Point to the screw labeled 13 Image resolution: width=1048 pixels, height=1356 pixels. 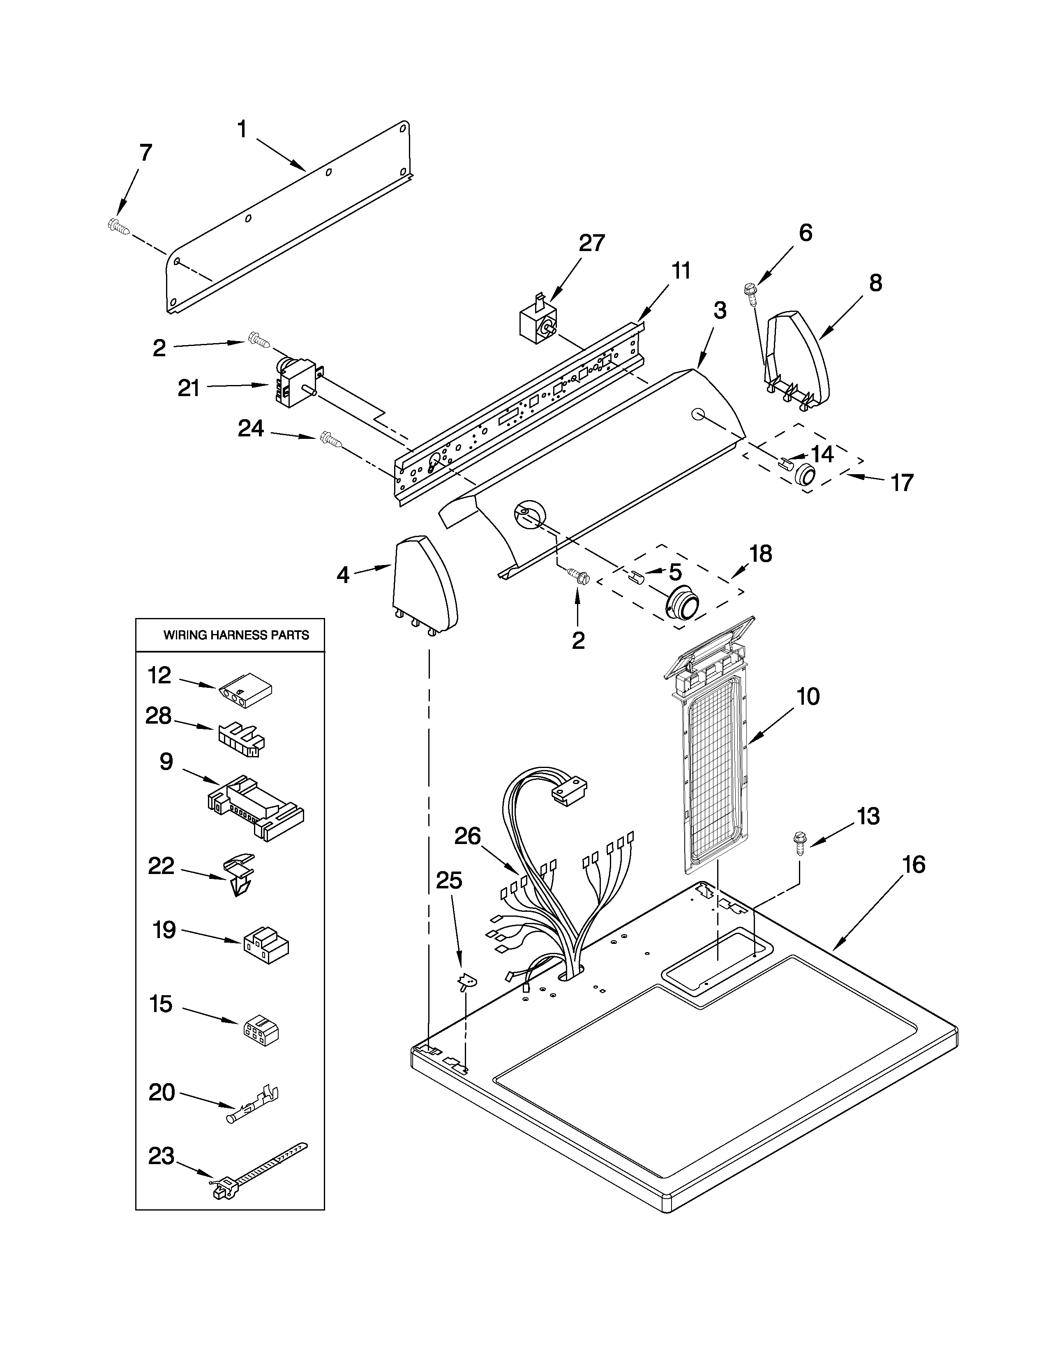tap(799, 845)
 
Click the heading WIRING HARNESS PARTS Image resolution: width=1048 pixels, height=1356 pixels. tap(236, 635)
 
